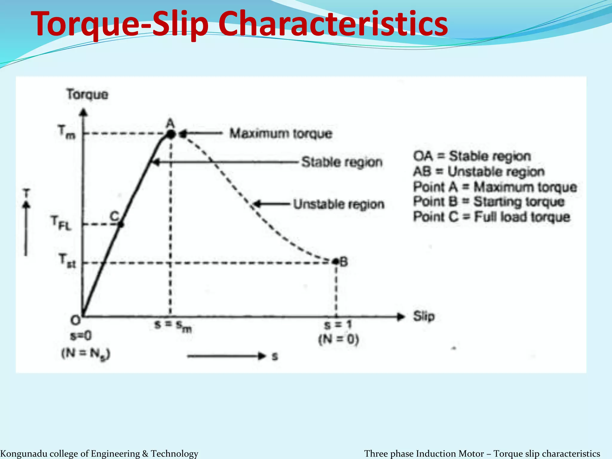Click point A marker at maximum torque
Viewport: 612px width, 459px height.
[x=171, y=134]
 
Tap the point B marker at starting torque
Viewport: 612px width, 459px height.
[x=336, y=262]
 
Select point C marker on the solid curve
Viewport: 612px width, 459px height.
[x=121, y=224]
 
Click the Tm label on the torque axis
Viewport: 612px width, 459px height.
[x=67, y=132]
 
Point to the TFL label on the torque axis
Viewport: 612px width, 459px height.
[x=61, y=223]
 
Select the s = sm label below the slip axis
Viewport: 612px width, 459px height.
[x=173, y=326]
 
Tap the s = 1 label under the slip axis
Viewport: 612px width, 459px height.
[x=338, y=325]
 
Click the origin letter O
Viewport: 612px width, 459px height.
[x=75, y=321]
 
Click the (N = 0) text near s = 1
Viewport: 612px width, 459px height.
[x=338, y=339]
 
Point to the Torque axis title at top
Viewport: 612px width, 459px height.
[x=87, y=94]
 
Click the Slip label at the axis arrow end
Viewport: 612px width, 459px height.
[x=423, y=316]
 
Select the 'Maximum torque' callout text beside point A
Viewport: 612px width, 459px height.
[x=281, y=134]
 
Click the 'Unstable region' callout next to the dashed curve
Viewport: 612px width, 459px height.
[x=338, y=204]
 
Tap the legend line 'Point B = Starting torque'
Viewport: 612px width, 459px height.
[x=489, y=202]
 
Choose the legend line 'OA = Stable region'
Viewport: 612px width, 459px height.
[x=472, y=156]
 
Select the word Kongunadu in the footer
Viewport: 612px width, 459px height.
[x=21, y=454]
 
